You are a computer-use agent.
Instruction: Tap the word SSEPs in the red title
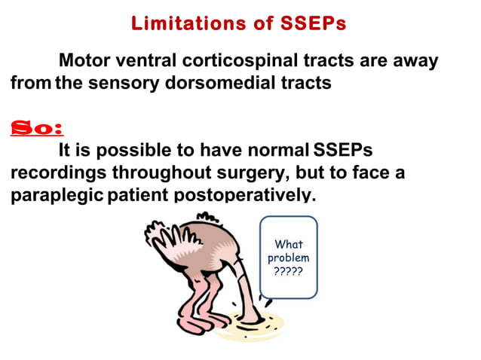point(311,23)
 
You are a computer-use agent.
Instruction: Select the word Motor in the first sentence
point(84,60)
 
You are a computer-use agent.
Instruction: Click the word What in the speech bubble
point(288,244)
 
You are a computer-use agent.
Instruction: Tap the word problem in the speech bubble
point(288,258)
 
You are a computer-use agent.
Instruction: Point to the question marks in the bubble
point(288,271)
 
